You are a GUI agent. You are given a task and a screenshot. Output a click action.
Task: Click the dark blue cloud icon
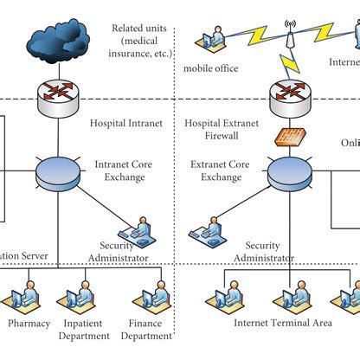point(59,39)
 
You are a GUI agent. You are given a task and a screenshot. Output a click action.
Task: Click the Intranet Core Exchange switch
point(59,170)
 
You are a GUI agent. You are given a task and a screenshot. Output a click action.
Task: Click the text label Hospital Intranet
point(125,125)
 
